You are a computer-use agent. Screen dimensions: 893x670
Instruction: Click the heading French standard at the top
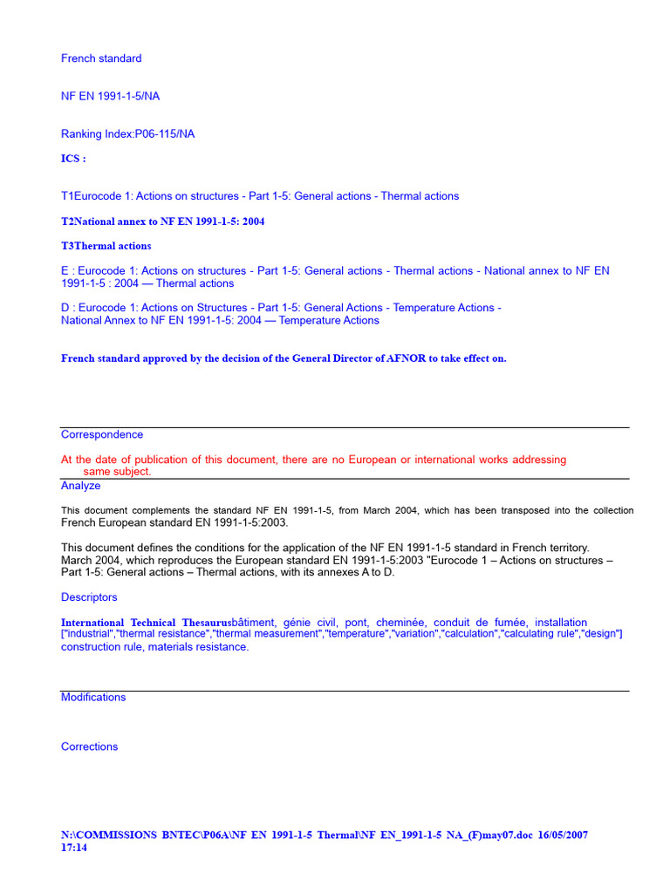(x=101, y=58)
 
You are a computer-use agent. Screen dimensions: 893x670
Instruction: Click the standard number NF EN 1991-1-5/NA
(x=110, y=97)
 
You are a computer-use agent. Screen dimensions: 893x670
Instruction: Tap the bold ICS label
(x=73, y=159)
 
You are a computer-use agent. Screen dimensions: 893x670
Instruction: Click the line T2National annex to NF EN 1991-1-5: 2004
(x=162, y=222)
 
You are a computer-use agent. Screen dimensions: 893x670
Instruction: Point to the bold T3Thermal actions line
(x=106, y=246)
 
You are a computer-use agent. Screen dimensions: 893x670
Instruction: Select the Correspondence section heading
(x=102, y=434)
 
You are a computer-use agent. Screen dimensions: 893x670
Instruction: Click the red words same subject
(x=117, y=472)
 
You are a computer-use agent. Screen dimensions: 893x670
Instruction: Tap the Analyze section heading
(x=80, y=486)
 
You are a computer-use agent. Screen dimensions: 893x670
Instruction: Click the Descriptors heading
(x=89, y=597)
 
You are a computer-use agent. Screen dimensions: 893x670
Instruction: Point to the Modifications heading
(x=93, y=698)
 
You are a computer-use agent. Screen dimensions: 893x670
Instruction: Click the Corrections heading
(x=89, y=746)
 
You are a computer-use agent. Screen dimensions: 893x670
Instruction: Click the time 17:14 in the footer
(x=74, y=848)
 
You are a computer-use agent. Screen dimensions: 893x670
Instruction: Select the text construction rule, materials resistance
(x=154, y=647)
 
